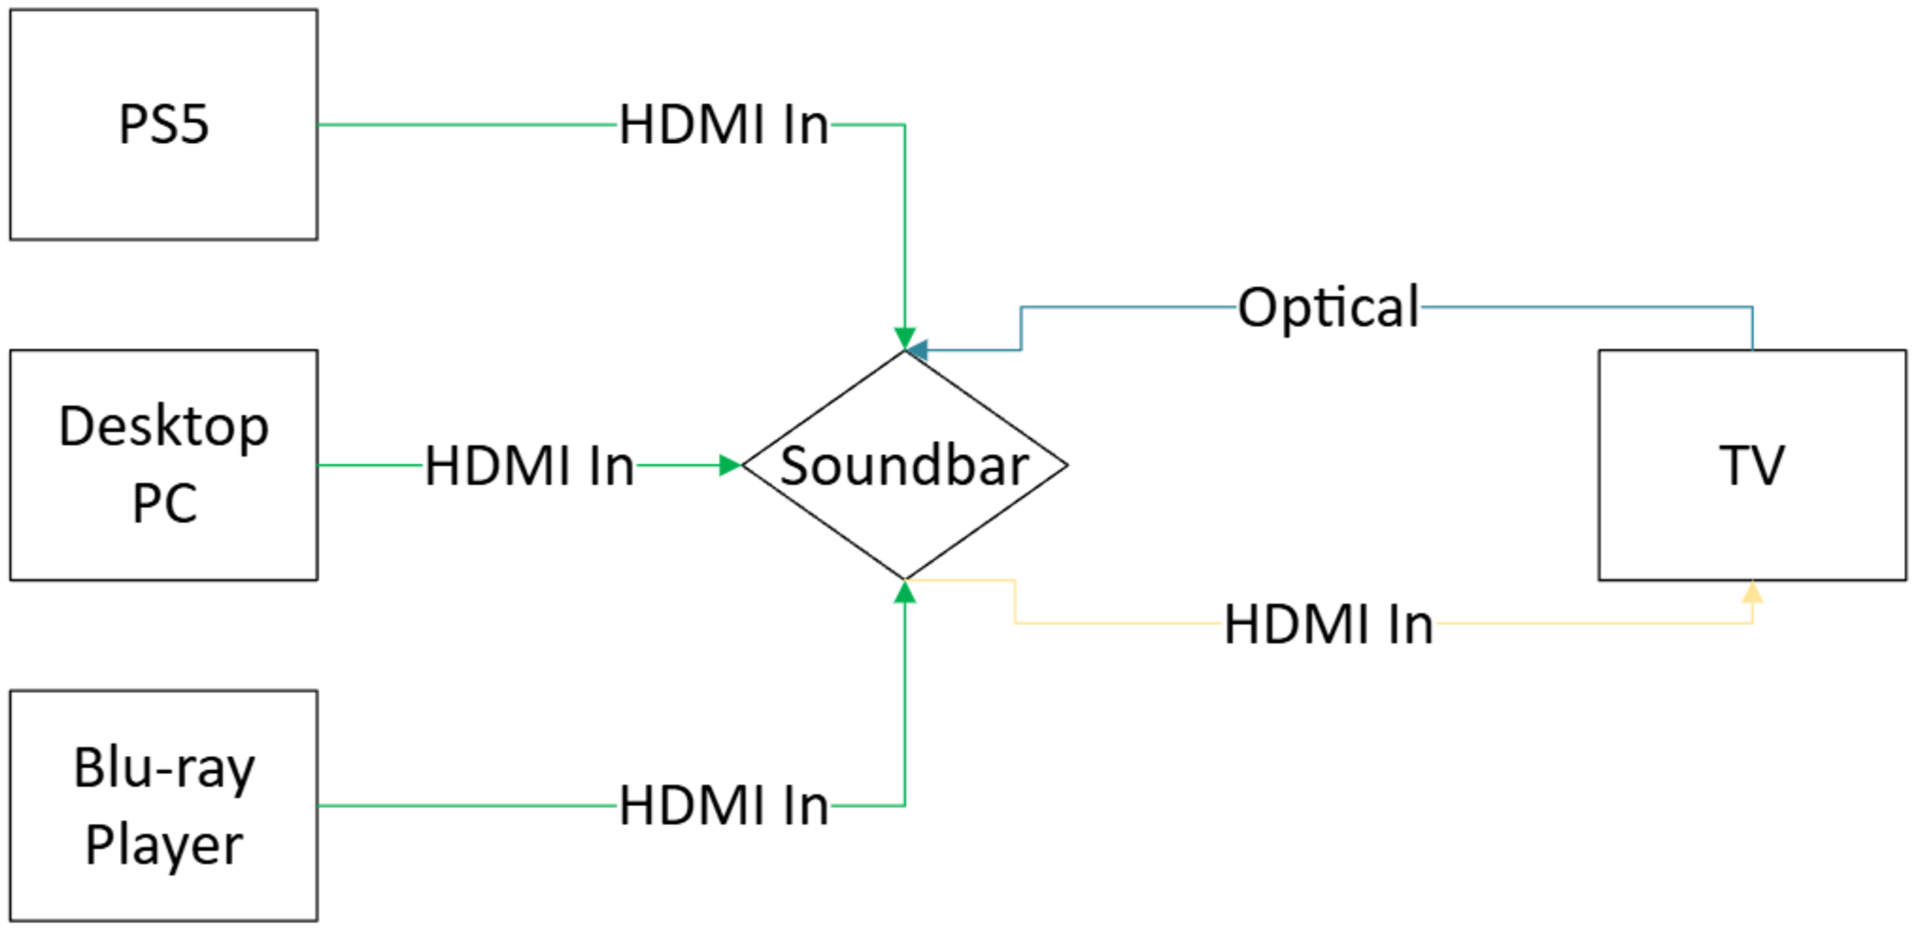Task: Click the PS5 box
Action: [164, 124]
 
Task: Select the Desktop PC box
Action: [164, 465]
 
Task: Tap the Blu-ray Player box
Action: [164, 805]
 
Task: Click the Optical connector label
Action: [1328, 307]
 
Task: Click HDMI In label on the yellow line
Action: [1328, 624]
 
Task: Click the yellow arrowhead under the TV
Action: [1752, 592]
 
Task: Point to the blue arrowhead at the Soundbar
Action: [917, 350]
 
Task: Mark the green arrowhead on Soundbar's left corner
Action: [730, 465]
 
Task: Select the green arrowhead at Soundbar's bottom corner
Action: [905, 593]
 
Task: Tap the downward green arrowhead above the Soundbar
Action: [905, 337]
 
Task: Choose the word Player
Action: [164, 845]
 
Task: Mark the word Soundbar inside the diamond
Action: [905, 466]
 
